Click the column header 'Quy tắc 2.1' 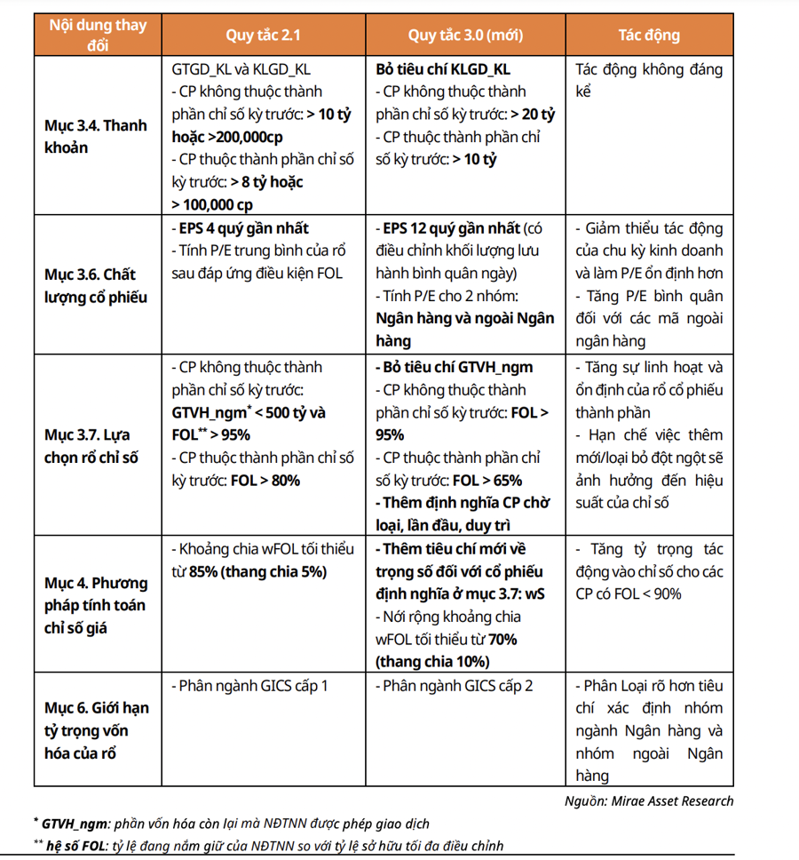[x=262, y=36]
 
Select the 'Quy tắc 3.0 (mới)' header [x=465, y=36]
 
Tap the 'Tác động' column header [x=649, y=36]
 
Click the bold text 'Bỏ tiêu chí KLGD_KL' [x=443, y=69]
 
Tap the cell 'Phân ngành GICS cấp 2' [x=455, y=686]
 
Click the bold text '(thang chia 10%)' [x=431, y=662]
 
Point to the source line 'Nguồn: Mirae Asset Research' [x=649, y=800]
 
